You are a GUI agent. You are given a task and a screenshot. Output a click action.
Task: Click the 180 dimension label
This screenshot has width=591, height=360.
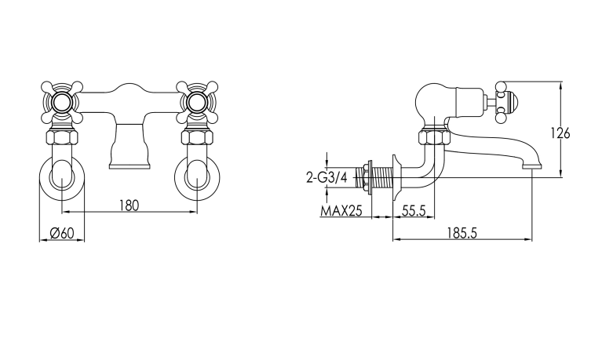click(130, 205)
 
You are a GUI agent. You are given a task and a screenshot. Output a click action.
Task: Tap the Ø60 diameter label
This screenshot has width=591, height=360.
click(61, 234)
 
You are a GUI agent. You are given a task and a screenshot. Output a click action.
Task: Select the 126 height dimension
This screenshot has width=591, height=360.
click(560, 133)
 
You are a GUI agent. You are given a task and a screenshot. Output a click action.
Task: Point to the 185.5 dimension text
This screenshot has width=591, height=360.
click(462, 233)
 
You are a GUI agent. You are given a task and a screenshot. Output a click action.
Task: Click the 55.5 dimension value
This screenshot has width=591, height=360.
click(414, 211)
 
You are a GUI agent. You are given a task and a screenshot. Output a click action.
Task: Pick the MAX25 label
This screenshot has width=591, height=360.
click(341, 211)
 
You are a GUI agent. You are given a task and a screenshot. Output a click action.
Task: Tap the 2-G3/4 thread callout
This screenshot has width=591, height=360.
click(327, 177)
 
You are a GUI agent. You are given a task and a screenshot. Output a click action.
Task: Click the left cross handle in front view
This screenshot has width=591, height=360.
click(62, 102)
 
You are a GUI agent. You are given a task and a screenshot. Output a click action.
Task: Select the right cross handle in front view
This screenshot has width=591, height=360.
click(197, 102)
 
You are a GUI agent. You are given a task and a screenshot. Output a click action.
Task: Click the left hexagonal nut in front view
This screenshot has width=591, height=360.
click(62, 137)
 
